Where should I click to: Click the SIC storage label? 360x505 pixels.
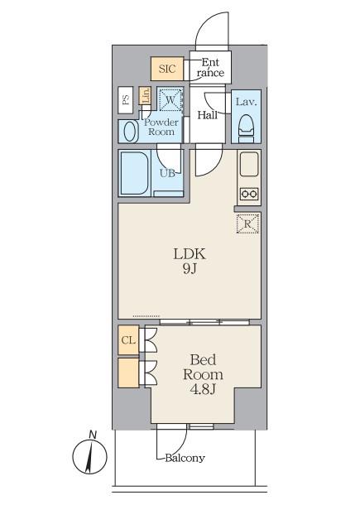point(167,69)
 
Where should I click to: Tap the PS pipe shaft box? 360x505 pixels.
point(126,100)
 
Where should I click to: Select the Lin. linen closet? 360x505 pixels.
point(145,96)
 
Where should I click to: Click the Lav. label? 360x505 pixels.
point(247,102)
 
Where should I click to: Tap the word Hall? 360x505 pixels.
point(208,115)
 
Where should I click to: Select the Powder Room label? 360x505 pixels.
point(161,127)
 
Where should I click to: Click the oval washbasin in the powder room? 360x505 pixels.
point(131,131)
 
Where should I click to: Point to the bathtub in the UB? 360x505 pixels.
point(135,173)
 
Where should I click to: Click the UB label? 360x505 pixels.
point(167,173)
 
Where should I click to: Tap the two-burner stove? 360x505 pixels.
point(250,194)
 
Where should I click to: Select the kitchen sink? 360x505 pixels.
point(249,164)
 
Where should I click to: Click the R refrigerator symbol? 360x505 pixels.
point(247,224)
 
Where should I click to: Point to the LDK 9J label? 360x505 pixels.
point(190,262)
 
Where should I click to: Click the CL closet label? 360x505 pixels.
point(128,340)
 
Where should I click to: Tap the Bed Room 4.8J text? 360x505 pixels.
point(203,374)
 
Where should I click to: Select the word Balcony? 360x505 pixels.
point(185,458)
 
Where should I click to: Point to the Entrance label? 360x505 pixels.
point(210,68)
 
